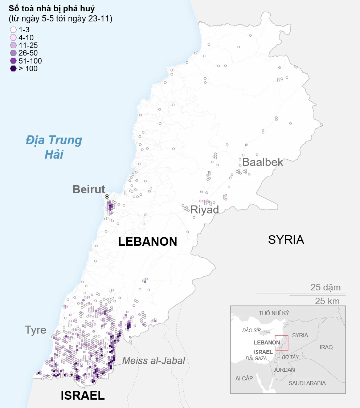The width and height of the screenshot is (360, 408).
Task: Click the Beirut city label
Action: coord(89,189)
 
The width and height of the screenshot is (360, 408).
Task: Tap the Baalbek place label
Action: coord(262,162)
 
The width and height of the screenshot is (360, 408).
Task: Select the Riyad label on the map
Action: coord(205,209)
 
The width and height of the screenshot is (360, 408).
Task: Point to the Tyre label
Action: coord(36,330)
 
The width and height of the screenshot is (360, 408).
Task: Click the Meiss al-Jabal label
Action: coord(154,360)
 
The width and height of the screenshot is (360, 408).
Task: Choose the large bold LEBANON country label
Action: coord(148,241)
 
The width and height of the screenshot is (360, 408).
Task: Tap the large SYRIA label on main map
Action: coord(286,240)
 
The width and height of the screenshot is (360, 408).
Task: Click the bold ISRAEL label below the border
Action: coord(82,395)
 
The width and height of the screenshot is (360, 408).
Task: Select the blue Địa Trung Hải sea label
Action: coord(54,147)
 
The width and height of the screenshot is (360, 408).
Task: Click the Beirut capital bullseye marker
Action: coord(107,196)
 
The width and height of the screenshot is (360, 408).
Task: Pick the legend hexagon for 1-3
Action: coord(13,30)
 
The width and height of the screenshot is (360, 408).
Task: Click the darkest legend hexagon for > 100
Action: coord(13,69)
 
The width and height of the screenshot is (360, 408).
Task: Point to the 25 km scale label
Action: coord(327,301)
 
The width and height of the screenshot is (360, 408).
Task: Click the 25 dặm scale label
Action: coord(326,287)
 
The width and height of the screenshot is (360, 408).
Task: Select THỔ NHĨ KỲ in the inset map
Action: coord(274,313)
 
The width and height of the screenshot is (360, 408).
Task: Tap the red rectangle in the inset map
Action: coord(282,342)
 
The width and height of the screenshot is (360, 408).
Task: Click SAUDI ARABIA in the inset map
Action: coord(307,383)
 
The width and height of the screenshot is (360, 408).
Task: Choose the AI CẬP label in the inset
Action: coord(244,378)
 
